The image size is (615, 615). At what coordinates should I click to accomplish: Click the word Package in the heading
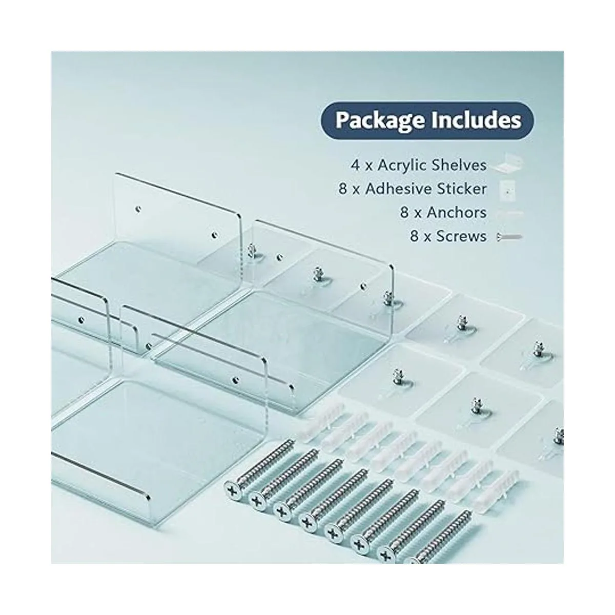[x=381, y=121]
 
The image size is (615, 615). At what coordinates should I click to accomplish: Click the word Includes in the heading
[x=477, y=120]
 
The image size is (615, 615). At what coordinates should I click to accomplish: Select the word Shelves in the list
[x=459, y=165]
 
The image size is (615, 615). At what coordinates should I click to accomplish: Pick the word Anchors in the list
[x=457, y=213]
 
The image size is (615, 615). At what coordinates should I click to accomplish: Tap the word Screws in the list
[x=461, y=236]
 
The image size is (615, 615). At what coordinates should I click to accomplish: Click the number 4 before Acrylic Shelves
[x=355, y=166]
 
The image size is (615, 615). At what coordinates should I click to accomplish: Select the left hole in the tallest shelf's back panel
[x=138, y=209]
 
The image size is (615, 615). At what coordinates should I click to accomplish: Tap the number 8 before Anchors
[x=404, y=213]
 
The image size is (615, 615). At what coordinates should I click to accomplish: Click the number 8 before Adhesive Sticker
[x=343, y=189]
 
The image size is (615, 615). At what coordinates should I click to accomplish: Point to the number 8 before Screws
[x=414, y=237]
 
